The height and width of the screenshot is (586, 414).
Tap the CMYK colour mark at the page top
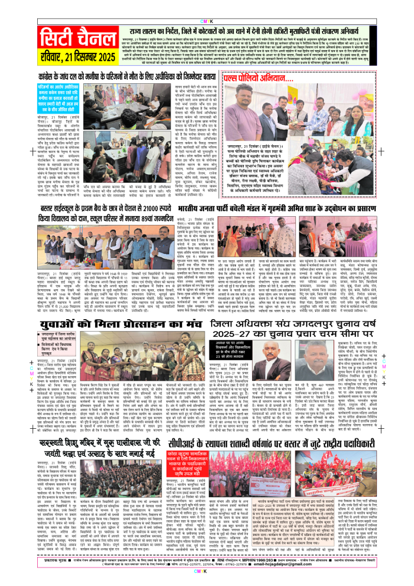pos(207,6)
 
